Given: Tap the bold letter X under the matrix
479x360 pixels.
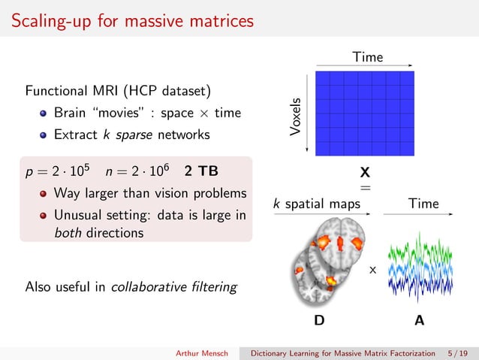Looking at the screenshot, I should [x=365, y=172].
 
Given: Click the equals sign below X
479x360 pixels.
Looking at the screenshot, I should [x=365, y=186].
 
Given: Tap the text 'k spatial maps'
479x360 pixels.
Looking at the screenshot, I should [x=316, y=203].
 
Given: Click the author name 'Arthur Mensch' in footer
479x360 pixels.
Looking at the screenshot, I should [x=203, y=352].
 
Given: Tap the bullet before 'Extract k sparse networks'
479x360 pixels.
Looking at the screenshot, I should [x=44, y=135].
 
